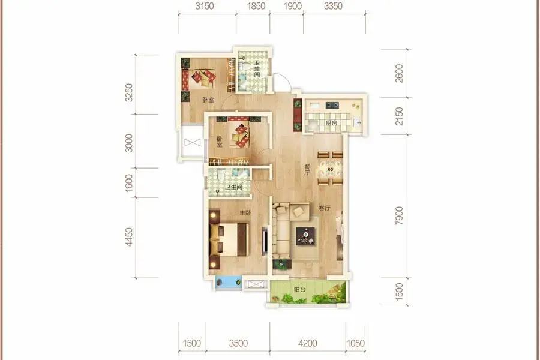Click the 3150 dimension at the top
click(205, 6)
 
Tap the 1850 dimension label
click(256, 6)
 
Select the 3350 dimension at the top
click(334, 6)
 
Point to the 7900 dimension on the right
click(399, 215)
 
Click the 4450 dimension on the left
click(129, 237)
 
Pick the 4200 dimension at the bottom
click(308, 343)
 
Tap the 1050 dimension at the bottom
click(355, 343)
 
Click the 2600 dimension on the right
click(399, 73)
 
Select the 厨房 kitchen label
click(331, 122)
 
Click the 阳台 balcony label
click(299, 290)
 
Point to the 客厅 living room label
click(325, 208)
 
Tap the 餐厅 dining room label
click(307, 170)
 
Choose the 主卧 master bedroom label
click(245, 213)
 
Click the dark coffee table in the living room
click(305, 236)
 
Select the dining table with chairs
click(330, 169)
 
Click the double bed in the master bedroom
click(229, 239)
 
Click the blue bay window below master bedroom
click(229, 282)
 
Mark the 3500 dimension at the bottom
click(238, 343)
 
